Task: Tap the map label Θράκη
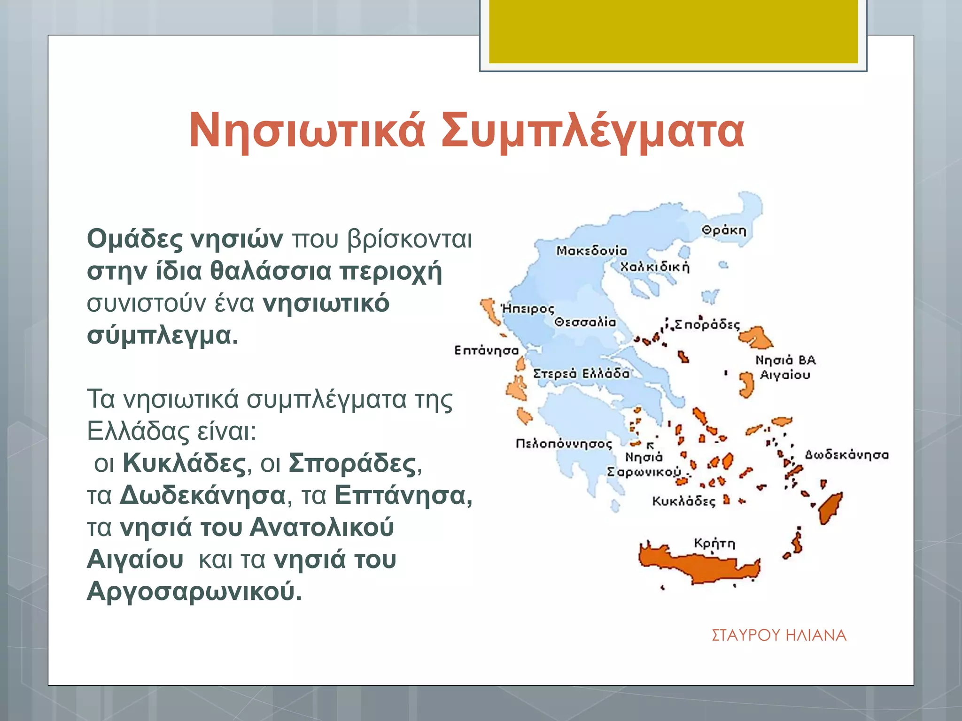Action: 724,230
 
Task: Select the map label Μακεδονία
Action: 591,251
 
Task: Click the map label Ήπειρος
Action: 528,309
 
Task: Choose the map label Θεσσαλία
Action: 585,322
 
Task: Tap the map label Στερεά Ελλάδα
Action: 581,374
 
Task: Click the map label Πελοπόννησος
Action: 564,444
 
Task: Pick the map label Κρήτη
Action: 714,544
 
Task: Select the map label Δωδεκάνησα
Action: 846,455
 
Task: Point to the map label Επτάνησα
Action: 486,351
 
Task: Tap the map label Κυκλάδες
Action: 683,501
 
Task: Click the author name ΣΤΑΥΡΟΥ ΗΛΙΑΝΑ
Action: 779,635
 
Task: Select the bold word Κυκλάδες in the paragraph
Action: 184,463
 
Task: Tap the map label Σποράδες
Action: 707,325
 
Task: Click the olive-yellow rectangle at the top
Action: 673,31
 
